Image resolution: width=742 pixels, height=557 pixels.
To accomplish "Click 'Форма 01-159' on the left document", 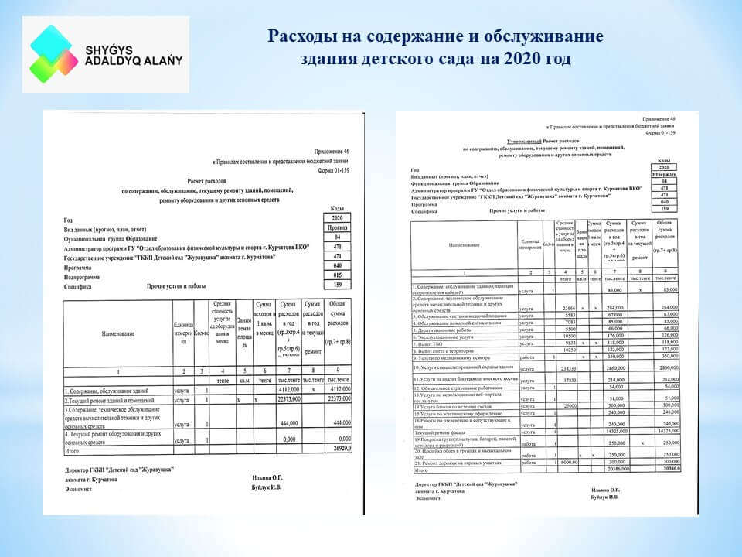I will (x=328, y=173).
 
